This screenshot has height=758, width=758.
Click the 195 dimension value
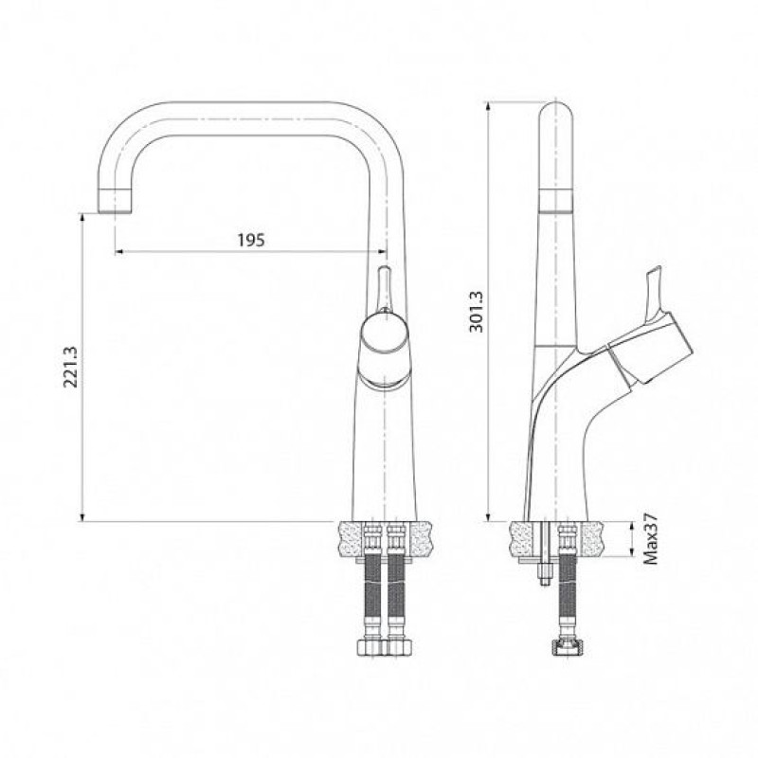pyautogui.click(x=251, y=240)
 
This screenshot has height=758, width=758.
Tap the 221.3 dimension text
pyautogui.click(x=70, y=367)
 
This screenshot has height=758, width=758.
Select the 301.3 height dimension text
pyautogui.click(x=477, y=312)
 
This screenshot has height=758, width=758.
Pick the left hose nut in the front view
pyautogui.click(x=372, y=648)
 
